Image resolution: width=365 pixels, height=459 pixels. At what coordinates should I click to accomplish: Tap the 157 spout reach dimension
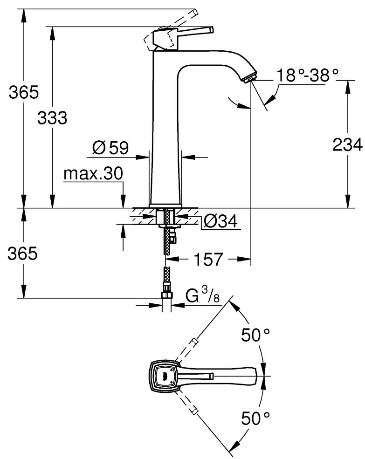(x=207, y=260)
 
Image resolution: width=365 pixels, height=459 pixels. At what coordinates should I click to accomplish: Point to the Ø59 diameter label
(x=110, y=148)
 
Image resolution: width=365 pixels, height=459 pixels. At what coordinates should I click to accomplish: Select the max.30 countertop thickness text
(x=93, y=174)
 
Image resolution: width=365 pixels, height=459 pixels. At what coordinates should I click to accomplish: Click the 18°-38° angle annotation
(x=306, y=75)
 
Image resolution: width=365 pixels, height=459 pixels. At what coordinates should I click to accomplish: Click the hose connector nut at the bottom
(x=166, y=295)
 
